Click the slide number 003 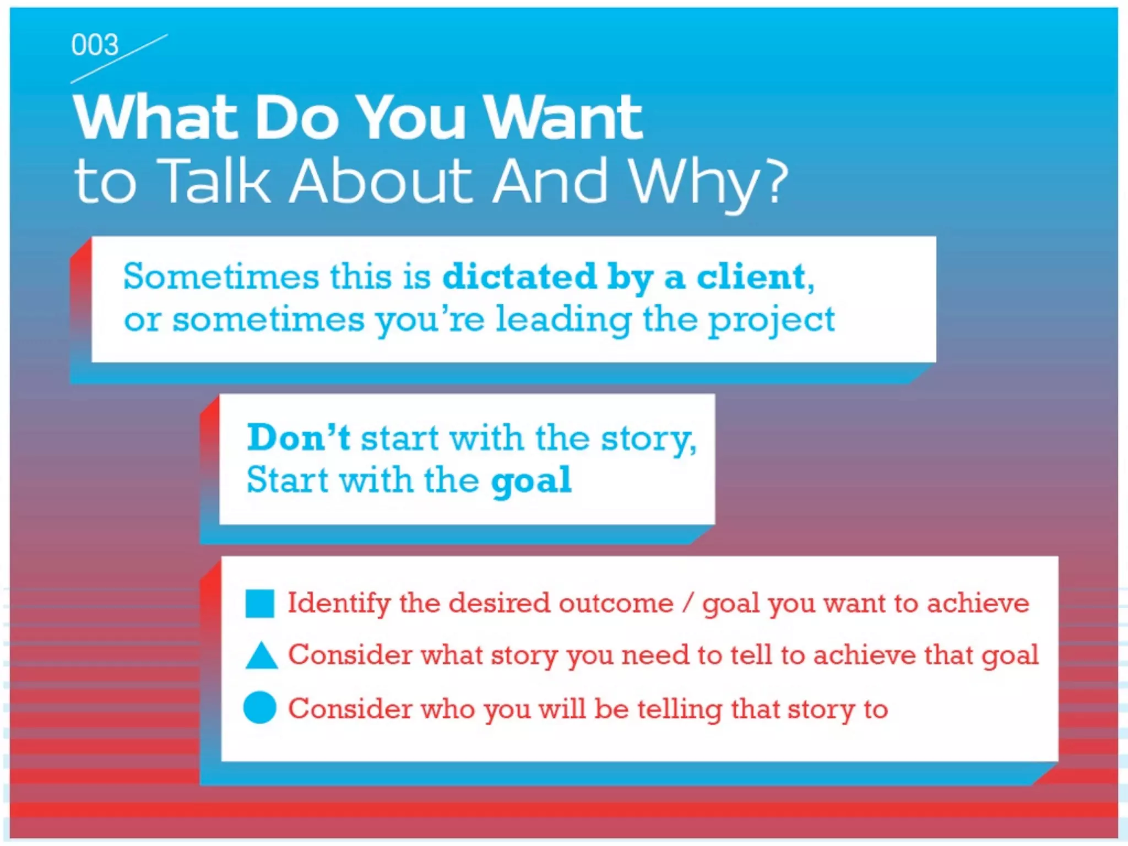95,45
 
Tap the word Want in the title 563,117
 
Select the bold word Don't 298,438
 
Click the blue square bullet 259,604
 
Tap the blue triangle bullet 261,656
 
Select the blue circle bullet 259,707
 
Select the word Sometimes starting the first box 221,276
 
